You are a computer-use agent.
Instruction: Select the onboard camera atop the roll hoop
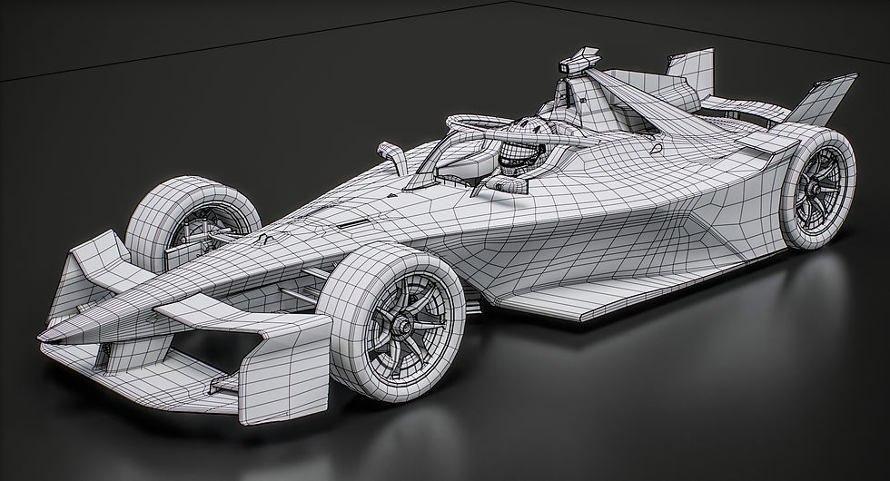click(574, 64)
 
